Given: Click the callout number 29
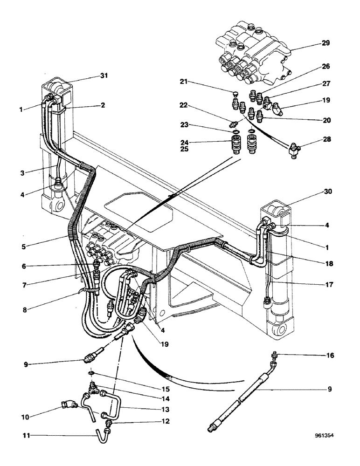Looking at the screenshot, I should pos(325,43).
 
